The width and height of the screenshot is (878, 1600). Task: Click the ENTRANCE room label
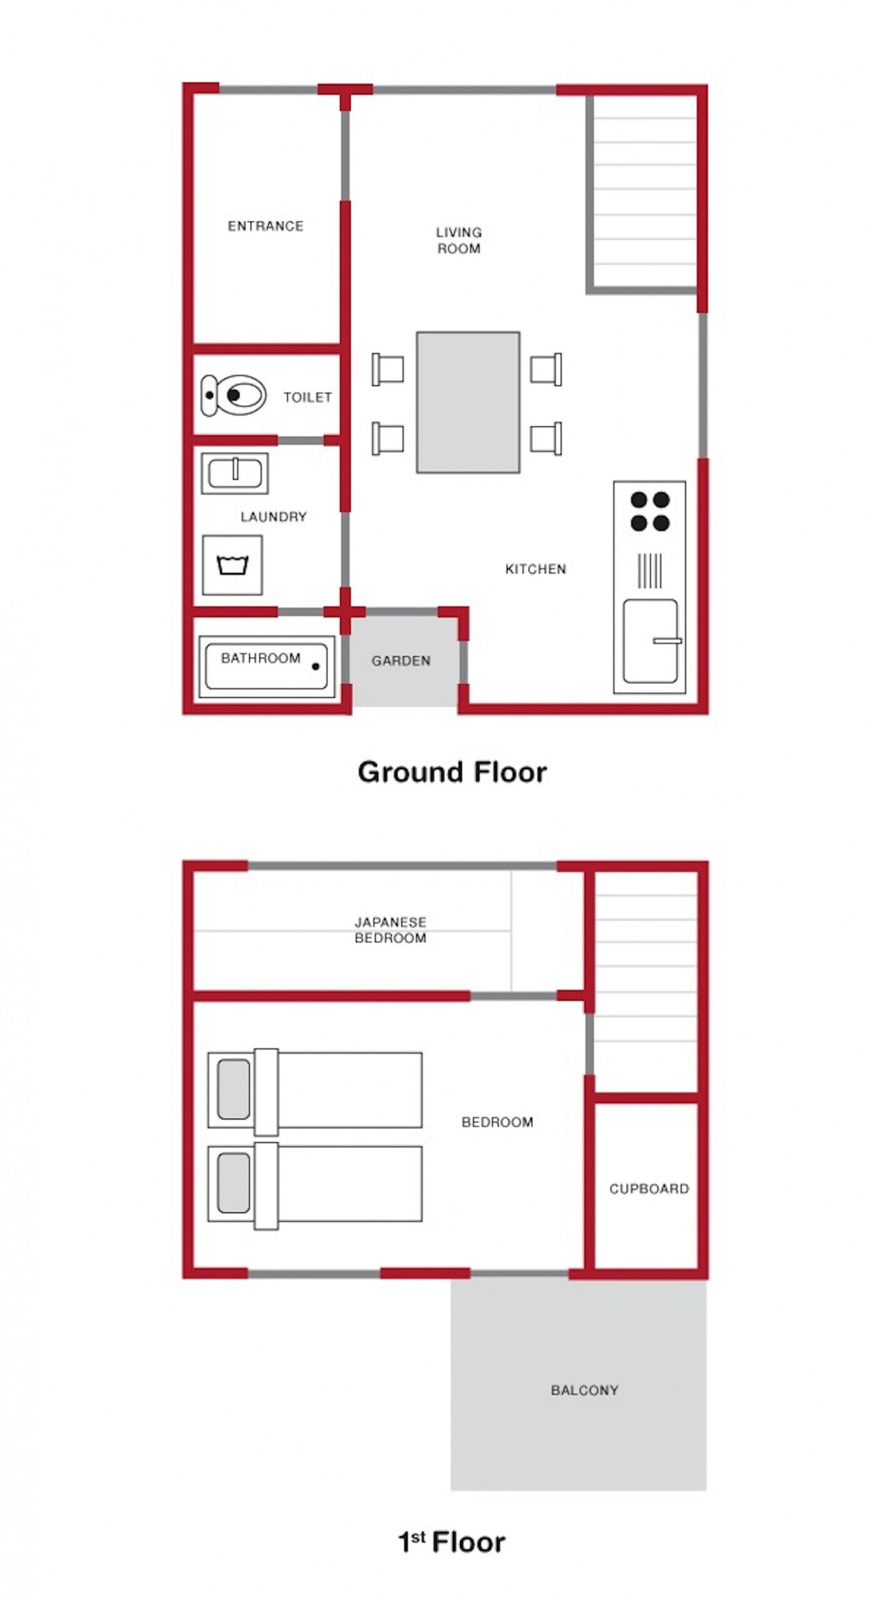point(266,226)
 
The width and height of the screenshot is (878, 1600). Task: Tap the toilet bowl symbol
point(234,394)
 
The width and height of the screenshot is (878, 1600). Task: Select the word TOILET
point(307,397)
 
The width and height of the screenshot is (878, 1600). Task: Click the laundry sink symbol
point(235,472)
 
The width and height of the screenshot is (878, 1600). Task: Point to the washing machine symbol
point(232,564)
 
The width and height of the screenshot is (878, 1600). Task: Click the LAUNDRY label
point(274,517)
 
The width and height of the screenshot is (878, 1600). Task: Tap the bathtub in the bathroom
point(267,667)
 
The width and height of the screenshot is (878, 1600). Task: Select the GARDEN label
point(401,661)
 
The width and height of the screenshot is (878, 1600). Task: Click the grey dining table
point(468,402)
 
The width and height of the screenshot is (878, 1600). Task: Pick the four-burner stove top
point(650,511)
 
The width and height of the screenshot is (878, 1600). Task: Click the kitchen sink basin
point(651,641)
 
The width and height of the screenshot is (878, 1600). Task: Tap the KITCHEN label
point(536,569)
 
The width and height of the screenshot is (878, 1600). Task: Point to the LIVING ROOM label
point(459,240)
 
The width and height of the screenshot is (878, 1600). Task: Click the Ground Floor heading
point(452,772)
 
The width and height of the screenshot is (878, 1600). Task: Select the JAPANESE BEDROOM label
point(391,929)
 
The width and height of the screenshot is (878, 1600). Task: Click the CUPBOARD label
point(649,1188)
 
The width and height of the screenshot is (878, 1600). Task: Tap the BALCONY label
point(584,1390)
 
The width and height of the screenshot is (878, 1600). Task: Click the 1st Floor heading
point(452,1542)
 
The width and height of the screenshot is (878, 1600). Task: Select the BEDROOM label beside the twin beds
point(497,1122)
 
